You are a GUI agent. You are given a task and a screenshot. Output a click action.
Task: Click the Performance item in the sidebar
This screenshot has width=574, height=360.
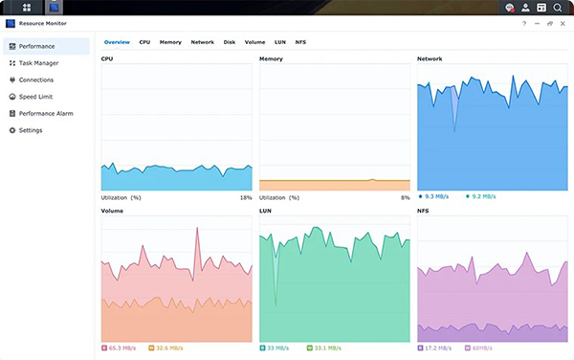pos(36,46)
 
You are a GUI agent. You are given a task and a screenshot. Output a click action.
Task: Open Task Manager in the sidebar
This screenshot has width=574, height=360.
pos(38,63)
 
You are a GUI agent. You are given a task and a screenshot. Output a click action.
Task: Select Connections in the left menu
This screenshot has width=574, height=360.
pos(36,79)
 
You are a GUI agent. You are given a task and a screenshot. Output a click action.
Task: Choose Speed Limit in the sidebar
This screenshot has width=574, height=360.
pos(36,97)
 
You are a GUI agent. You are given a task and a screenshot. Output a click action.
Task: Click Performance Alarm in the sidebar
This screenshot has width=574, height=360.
pos(45,113)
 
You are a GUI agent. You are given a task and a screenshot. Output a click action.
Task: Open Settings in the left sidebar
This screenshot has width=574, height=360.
pos(31,130)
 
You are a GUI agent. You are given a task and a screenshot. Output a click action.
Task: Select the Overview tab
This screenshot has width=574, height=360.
pos(117,42)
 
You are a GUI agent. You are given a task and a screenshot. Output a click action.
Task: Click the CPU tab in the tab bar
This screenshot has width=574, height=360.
pos(144,42)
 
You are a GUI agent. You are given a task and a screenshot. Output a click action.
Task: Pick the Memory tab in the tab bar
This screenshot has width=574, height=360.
pos(170,42)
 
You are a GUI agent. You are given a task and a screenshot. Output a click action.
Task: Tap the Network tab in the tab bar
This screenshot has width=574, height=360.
pos(202,42)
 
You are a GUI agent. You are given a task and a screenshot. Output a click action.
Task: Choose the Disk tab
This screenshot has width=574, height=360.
pos(230,42)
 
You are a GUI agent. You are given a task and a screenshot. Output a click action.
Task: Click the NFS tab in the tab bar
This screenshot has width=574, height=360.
pos(300,42)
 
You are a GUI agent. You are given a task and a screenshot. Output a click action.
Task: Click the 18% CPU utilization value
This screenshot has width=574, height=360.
pos(246,197)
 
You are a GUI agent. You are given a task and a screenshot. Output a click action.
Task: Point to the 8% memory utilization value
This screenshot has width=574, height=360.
pos(406,197)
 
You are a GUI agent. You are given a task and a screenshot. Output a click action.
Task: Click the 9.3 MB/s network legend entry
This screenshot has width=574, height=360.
pos(435,196)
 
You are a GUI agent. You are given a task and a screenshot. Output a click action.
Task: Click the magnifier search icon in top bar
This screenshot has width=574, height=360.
pos(558,8)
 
